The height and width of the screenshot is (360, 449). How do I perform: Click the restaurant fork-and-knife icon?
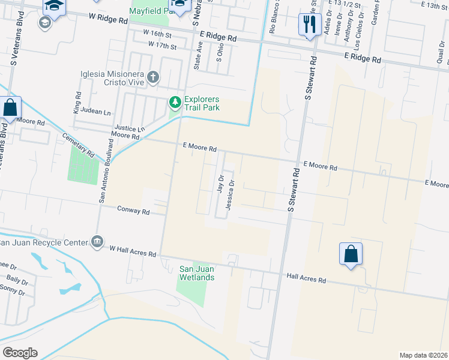[310, 24]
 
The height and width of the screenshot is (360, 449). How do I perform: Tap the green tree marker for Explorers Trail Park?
[175, 103]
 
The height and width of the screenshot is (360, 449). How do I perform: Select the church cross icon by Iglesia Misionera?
[153, 77]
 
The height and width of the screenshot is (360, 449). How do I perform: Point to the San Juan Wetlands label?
[197, 273]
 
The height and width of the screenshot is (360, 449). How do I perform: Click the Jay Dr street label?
[220, 183]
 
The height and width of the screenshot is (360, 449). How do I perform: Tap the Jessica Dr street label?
[229, 195]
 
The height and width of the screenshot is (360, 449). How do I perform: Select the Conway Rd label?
[133, 211]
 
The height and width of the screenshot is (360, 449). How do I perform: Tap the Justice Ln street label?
[129, 129]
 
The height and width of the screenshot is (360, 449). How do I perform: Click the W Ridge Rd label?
[108, 20]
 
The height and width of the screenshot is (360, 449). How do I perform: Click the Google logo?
[20, 353]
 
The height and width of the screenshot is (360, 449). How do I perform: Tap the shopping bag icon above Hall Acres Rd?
[351, 254]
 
